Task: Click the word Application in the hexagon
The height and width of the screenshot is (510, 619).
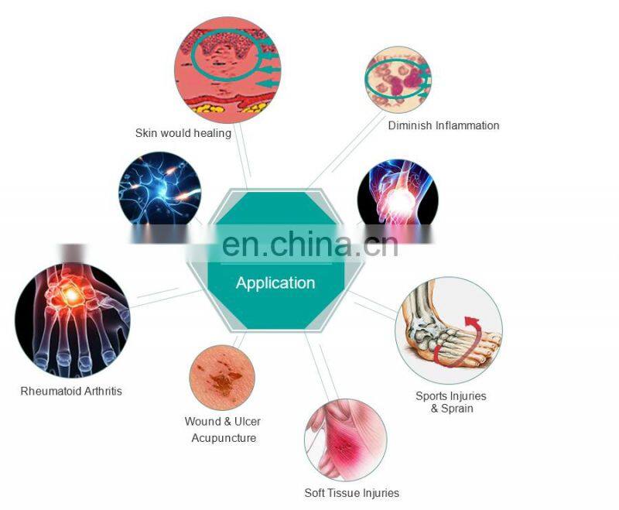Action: (x=275, y=283)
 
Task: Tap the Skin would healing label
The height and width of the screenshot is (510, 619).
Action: (x=183, y=133)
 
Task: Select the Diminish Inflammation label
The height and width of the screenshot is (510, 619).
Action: (x=443, y=125)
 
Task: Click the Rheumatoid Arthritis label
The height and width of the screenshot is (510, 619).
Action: (x=71, y=391)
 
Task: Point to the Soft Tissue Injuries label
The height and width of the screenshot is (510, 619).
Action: (x=352, y=493)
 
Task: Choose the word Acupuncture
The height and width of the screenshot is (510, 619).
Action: (x=224, y=438)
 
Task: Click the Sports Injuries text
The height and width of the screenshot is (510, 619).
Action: (x=451, y=396)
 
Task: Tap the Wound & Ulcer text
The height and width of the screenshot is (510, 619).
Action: (x=222, y=422)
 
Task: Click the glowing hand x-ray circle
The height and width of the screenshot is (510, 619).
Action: (x=72, y=317)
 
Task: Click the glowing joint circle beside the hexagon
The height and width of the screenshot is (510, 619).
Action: (x=398, y=193)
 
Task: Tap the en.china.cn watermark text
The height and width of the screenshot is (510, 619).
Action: (x=309, y=244)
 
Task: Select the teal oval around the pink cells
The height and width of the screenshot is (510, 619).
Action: (x=396, y=78)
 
